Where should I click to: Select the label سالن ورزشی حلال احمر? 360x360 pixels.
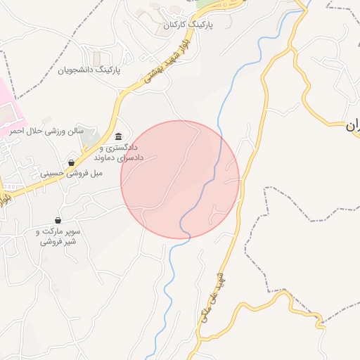coord(46,131)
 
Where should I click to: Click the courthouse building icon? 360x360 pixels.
coord(118,136)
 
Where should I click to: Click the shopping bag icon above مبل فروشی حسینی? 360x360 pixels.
coord(71,162)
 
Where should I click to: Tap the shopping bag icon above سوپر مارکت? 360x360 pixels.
coord(58,221)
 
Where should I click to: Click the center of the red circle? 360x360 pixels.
coord(180,179)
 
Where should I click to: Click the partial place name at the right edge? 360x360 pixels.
coord(352,127)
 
